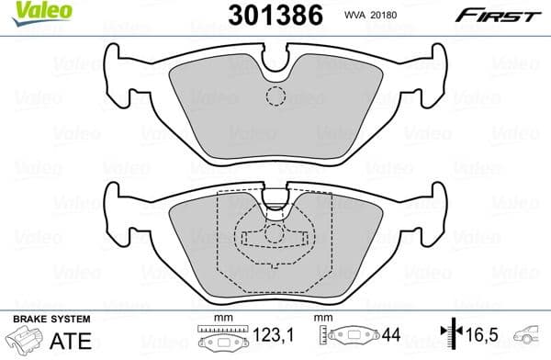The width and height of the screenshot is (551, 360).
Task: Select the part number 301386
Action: [x=271, y=15]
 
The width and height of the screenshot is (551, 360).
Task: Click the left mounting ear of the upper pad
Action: [x=119, y=75]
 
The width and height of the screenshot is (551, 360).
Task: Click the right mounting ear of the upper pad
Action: [x=432, y=75]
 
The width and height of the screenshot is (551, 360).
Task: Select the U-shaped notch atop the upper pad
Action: [x=275, y=62]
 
